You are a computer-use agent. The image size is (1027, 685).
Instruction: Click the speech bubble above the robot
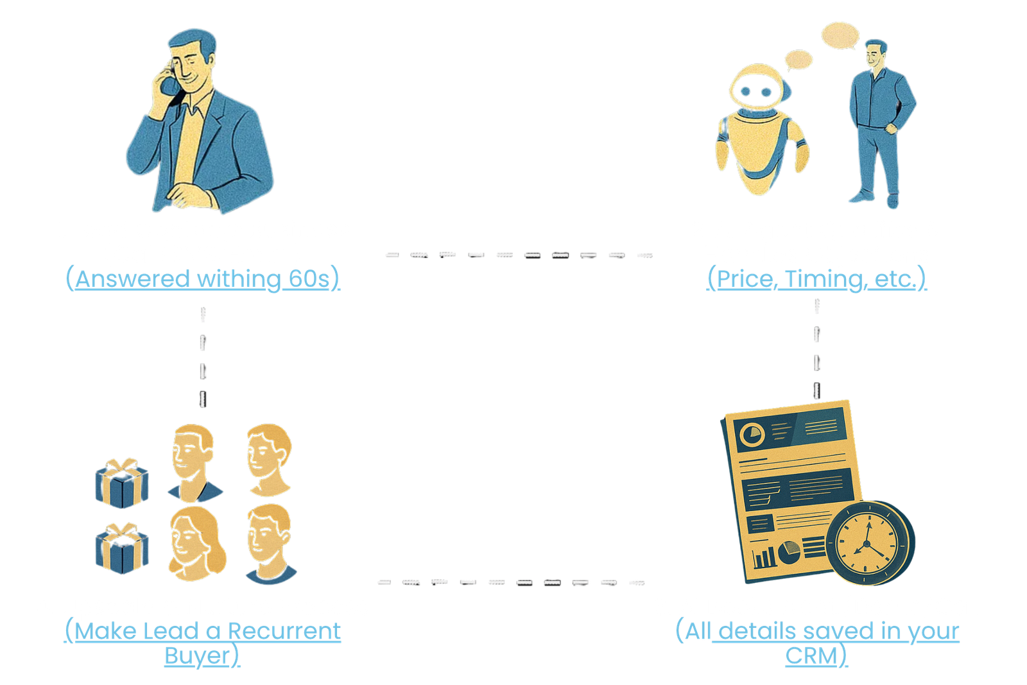coord(798,60)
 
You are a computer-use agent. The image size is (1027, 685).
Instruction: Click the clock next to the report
coord(868,542)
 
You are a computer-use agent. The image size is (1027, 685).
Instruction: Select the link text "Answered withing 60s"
coord(203,279)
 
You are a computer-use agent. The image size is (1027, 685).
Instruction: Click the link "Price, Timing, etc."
coord(816,279)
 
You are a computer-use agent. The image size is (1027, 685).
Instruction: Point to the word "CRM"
coord(811,655)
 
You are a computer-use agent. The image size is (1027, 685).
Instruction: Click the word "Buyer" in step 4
coord(197,655)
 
